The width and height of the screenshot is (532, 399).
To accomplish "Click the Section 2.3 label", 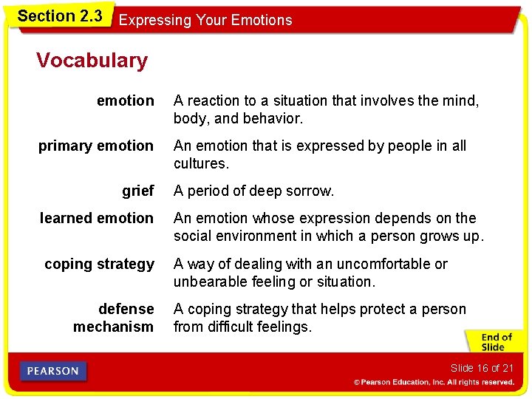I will coord(59,16).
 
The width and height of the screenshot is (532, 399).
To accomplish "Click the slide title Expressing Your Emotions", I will coord(205,20).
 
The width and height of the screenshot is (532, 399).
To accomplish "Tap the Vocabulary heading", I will coord(92,60).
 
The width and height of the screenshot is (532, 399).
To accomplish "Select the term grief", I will coord(138,191).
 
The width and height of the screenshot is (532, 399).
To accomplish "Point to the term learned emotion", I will coord(97,218).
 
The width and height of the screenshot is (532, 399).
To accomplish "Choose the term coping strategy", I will coord(99,264).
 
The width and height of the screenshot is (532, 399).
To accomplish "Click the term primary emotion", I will coord(96,146).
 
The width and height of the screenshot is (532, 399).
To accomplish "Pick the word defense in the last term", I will coord(126,309).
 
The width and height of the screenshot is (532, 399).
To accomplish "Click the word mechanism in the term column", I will coord(113,327).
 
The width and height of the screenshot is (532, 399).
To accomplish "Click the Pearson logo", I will coord(54,372).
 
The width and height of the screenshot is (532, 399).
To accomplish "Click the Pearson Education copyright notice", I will coord(434,383).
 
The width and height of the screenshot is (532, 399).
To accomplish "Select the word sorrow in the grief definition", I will coord(310,191).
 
